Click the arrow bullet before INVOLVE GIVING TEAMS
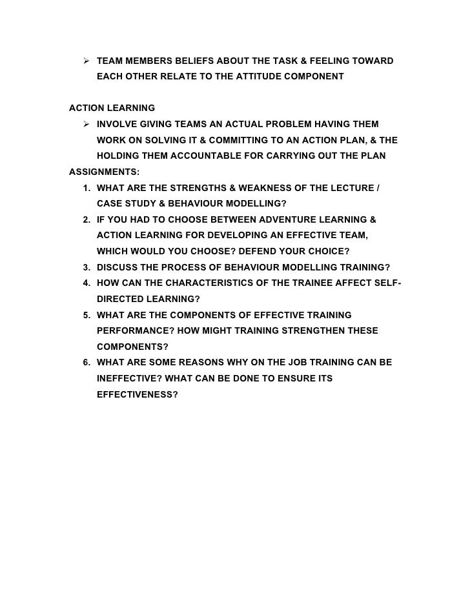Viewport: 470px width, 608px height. (x=87, y=123)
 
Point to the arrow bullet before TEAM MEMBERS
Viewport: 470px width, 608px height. (x=87, y=61)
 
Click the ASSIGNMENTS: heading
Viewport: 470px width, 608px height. (x=103, y=172)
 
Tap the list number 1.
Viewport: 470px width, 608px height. (x=87, y=188)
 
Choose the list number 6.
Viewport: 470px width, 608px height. (x=87, y=363)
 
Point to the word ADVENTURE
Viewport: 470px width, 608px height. (x=296, y=219)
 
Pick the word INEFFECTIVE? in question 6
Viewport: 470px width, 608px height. (x=127, y=378)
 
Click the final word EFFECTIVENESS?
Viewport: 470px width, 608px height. (x=137, y=394)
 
